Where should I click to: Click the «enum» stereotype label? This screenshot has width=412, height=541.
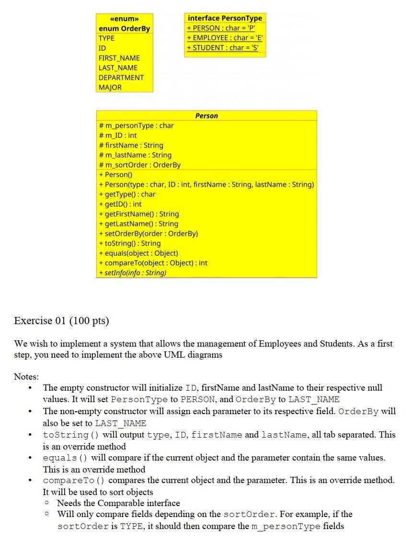(x=124, y=19)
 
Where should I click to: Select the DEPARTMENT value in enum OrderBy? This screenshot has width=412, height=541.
(x=121, y=78)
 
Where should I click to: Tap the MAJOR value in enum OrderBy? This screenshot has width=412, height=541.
(x=110, y=88)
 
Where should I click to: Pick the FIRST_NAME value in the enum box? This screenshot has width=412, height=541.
(x=119, y=58)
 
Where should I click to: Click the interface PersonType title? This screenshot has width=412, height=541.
(x=225, y=18)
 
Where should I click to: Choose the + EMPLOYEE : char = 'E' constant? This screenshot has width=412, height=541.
(x=225, y=38)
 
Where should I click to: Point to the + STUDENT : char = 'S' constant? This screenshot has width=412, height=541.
(x=222, y=48)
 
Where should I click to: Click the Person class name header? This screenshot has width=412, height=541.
(x=206, y=116)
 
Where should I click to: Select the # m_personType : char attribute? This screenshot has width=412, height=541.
(x=136, y=125)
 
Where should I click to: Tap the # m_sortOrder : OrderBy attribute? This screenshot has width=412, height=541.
(x=139, y=165)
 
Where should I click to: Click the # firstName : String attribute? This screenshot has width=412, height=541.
(x=131, y=145)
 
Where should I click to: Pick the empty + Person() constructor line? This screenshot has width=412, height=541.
(x=115, y=175)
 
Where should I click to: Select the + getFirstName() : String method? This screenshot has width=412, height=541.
(x=139, y=214)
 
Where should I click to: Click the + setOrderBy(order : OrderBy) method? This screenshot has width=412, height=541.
(x=148, y=234)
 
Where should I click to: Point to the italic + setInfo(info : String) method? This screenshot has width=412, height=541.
(x=133, y=273)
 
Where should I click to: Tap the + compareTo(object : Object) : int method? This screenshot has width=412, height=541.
(x=153, y=263)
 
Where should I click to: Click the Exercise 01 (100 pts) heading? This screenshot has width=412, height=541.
(x=61, y=321)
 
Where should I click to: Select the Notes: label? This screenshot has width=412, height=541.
(x=26, y=377)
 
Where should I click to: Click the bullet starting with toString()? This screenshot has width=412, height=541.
(x=218, y=440)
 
